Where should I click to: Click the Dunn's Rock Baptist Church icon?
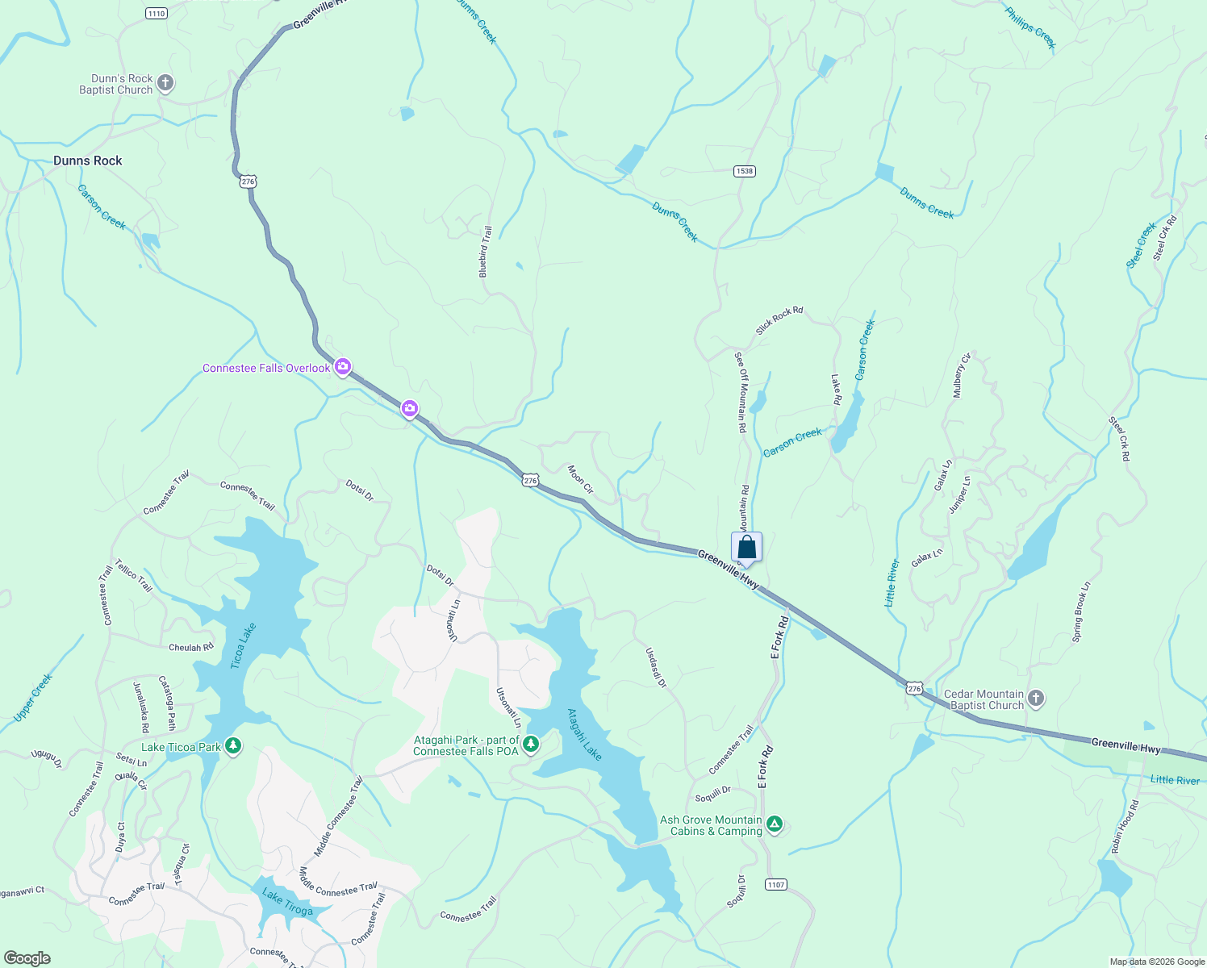point(165,83)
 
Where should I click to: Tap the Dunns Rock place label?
point(88,161)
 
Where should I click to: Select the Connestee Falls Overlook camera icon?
point(343,368)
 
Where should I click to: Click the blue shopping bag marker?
point(747,548)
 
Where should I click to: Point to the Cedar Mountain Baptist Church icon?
point(1036,699)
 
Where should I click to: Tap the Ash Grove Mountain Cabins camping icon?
point(775,824)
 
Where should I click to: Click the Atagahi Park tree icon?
point(531,744)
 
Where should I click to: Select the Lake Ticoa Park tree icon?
point(233,746)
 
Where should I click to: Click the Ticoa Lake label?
point(243,645)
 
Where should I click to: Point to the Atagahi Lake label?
point(584,734)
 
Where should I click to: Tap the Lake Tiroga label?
point(287,903)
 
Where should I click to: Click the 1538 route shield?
point(744,171)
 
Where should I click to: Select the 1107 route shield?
point(775,885)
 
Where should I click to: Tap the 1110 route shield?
point(157,14)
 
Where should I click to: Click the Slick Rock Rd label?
point(779,321)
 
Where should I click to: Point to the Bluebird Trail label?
point(485,252)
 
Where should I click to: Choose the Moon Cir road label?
point(580,479)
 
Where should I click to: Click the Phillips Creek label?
point(1030,27)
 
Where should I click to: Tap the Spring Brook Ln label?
point(1081,611)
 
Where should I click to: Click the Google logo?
point(27,958)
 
